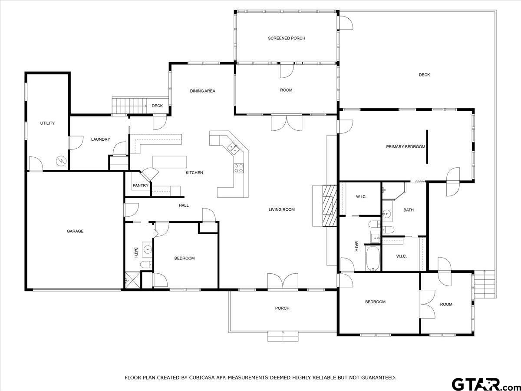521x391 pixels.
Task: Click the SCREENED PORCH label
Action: pyautogui.click(x=286, y=38)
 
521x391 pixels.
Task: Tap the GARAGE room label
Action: pyautogui.click(x=75, y=231)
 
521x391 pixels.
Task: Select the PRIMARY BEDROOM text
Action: pyautogui.click(x=406, y=147)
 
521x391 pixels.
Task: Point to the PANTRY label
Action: pyautogui.click(x=140, y=186)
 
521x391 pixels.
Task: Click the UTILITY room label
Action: pyautogui.click(x=47, y=123)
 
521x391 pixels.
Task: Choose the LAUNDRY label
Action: pyautogui.click(x=100, y=139)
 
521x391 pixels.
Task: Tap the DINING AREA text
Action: pyautogui.click(x=202, y=91)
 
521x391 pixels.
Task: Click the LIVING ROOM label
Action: pyautogui.click(x=281, y=209)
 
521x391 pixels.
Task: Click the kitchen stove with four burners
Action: pyautogui.click(x=239, y=168)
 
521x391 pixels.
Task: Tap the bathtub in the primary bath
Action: pyautogui.click(x=373, y=258)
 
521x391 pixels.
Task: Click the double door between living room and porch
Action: pyautogui.click(x=283, y=281)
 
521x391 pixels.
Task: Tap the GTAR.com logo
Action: pyautogui.click(x=482, y=384)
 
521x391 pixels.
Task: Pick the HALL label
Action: pyautogui.click(x=184, y=205)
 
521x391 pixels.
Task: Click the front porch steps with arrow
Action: pyautogui.click(x=283, y=335)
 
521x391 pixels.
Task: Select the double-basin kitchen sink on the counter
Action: pyautogui.click(x=233, y=149)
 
